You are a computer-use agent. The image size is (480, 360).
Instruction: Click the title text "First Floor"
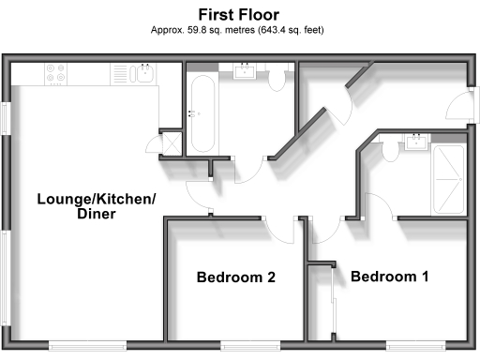[x=239, y=14]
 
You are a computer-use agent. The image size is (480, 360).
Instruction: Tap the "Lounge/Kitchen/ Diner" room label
[x=96, y=206]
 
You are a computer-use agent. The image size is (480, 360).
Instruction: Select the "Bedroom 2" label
[x=235, y=277]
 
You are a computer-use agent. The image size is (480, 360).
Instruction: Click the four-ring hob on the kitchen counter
[x=55, y=73]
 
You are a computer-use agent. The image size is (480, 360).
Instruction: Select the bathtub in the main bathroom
[x=202, y=113]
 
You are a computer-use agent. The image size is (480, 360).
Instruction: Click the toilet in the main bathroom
[x=277, y=82]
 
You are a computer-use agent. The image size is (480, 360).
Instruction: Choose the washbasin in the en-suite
[x=415, y=142]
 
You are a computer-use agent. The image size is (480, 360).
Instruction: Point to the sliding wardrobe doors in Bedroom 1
[x=334, y=300]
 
